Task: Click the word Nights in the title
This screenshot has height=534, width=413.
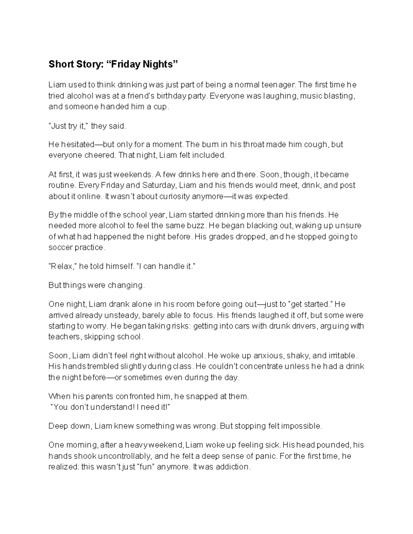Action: tap(159, 64)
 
